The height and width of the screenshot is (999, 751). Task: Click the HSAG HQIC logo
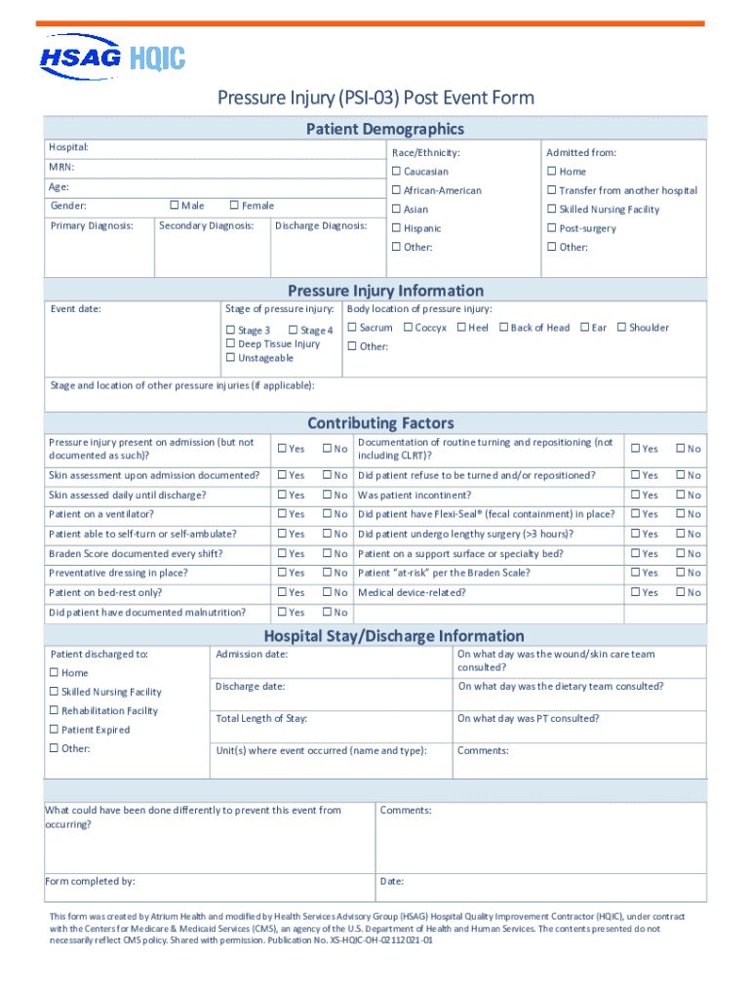click(112, 57)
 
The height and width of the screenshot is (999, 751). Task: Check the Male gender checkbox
click(175, 206)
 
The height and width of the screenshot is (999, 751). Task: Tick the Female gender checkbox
click(234, 206)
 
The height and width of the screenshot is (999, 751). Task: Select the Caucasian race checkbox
click(396, 172)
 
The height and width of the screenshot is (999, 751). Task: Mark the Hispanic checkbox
click(396, 228)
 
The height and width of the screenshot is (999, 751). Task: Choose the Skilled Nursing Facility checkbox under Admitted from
click(551, 210)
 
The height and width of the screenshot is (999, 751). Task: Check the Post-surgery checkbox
click(551, 228)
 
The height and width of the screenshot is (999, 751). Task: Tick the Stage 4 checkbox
click(293, 331)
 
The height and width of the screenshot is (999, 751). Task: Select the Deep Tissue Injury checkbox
click(230, 344)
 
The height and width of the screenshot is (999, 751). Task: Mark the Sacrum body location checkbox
click(352, 328)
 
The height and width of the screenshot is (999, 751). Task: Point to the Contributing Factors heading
click(380, 423)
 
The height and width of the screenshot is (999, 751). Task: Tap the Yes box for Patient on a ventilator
click(281, 514)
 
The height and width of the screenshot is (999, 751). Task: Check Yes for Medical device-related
click(634, 592)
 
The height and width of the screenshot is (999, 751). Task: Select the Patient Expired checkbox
click(55, 730)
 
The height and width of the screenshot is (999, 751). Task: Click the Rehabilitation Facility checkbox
click(55, 711)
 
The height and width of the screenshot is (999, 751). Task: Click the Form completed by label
click(90, 881)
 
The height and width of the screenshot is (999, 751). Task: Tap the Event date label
click(76, 309)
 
